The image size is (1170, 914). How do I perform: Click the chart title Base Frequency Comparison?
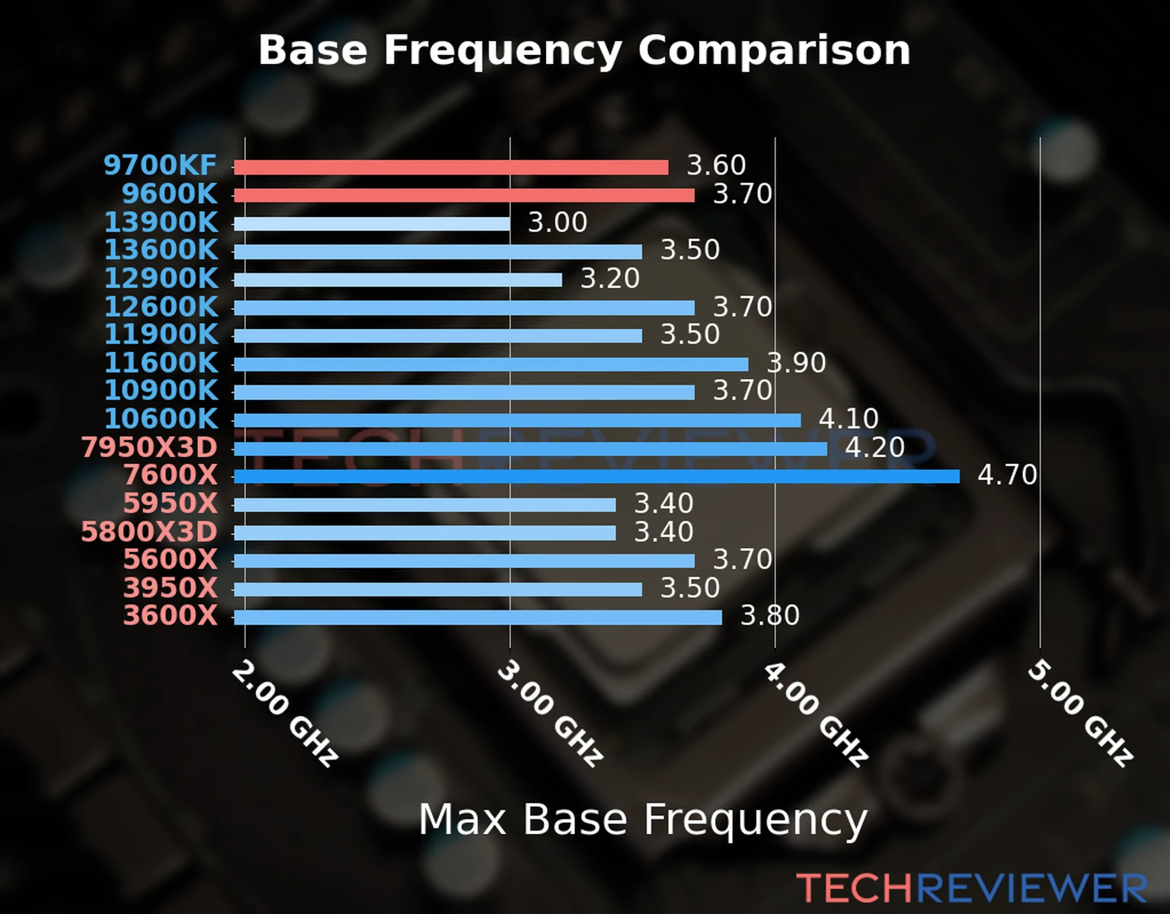(x=584, y=50)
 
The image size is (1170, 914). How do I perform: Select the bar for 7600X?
(x=596, y=477)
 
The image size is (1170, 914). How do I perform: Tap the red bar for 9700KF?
(x=451, y=168)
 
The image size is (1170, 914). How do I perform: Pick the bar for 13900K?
(x=372, y=224)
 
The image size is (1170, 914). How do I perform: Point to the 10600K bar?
(x=517, y=420)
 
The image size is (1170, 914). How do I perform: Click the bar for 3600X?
(x=478, y=618)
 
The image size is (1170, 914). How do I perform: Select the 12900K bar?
(x=398, y=280)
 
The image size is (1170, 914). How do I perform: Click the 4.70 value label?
(x=1007, y=475)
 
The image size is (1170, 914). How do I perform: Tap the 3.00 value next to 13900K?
(x=558, y=222)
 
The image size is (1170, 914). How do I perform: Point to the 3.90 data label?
(x=796, y=363)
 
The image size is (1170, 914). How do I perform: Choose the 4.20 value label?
(x=874, y=447)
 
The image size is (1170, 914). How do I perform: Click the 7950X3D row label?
(x=149, y=448)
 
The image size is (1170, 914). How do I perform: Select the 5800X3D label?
(x=149, y=532)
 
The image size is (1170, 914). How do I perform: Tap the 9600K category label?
(x=170, y=194)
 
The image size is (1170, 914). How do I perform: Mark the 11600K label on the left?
(x=161, y=363)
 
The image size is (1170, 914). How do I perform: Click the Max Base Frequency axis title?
(x=643, y=820)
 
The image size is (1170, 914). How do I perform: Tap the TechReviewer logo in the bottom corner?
(x=971, y=888)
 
